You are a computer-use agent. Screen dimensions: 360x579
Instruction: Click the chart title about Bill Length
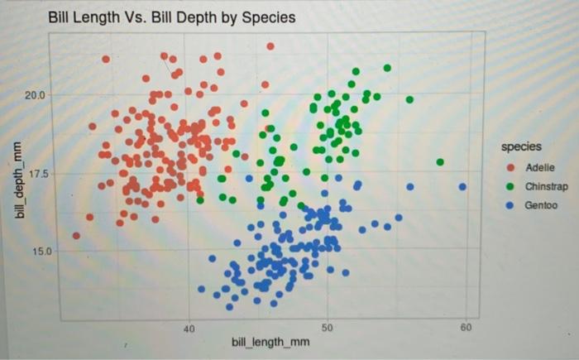click(x=171, y=17)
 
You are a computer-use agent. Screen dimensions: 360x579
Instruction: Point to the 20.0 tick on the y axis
click(x=36, y=96)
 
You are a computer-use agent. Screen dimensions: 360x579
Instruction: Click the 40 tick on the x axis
click(x=189, y=329)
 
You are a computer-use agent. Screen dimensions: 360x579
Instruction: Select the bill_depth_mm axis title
click(x=17, y=180)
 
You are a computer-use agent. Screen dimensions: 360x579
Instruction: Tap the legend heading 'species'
click(x=521, y=146)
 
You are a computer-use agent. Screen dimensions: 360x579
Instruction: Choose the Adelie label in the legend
click(x=538, y=166)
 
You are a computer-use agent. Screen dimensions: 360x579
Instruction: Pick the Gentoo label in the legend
click(x=541, y=205)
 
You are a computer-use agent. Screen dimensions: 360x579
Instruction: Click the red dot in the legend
click(x=511, y=166)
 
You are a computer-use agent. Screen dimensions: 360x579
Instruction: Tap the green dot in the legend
click(x=511, y=186)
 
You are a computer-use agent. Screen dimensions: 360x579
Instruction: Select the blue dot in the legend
click(x=511, y=205)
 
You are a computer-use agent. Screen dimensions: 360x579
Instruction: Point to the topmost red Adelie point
click(x=270, y=46)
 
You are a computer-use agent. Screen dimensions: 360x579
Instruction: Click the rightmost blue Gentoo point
click(x=462, y=186)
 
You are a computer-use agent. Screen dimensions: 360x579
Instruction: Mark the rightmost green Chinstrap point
click(x=440, y=162)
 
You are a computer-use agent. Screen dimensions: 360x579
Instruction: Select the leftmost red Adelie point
click(x=76, y=235)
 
